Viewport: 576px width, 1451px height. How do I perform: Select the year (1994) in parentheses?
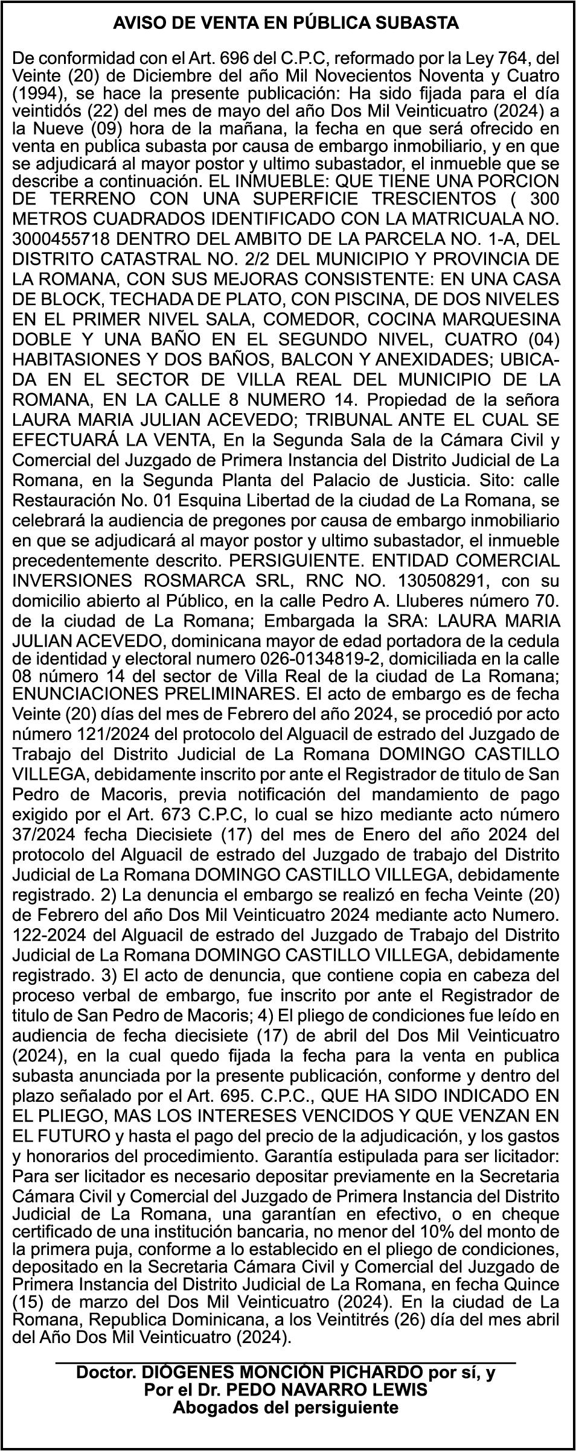pyautogui.click(x=36, y=95)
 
